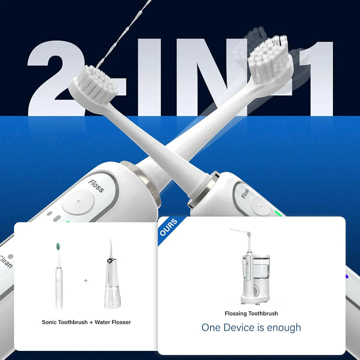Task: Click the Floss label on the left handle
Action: point(96,186)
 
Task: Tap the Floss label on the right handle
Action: point(245,193)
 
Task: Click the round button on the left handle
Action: point(78,203)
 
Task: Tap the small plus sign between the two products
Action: point(85,280)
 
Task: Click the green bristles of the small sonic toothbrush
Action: point(58,246)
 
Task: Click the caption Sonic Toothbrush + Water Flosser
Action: point(86,322)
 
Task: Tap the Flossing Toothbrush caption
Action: point(251,313)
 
